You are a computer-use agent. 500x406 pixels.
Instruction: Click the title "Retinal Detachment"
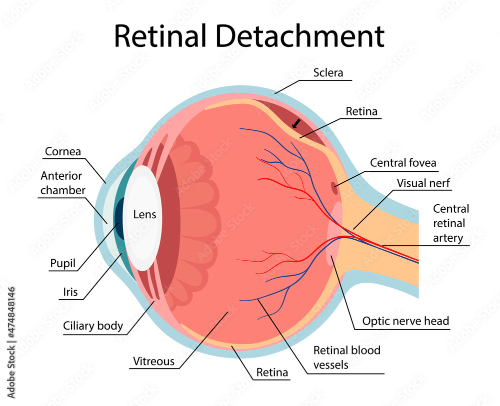(x=249, y=36)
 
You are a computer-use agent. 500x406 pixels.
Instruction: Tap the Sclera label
(x=328, y=72)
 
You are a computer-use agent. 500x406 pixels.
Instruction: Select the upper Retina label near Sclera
(x=361, y=111)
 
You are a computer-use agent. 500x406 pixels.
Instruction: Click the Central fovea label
(x=403, y=163)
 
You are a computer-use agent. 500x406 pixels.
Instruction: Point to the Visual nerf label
(x=423, y=183)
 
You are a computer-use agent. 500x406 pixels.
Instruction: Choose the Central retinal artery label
(x=451, y=223)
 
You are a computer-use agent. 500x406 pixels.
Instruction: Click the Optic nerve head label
(x=405, y=321)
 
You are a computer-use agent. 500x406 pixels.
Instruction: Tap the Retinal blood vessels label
(x=346, y=358)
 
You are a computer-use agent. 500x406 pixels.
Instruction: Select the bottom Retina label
(x=272, y=372)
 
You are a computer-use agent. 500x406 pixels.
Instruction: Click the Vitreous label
(x=154, y=361)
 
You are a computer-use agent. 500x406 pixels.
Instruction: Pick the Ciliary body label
(x=93, y=326)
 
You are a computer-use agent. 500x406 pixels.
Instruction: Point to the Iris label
(x=70, y=292)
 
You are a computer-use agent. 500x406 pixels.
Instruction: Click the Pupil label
(x=62, y=263)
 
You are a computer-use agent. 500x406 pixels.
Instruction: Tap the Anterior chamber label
(x=61, y=183)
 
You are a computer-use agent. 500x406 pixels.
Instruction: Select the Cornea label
(x=63, y=151)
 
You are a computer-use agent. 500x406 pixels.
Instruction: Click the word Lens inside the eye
(x=144, y=215)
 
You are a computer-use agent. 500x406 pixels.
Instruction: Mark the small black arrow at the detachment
(x=296, y=123)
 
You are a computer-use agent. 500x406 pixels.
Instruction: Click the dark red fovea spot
(x=334, y=188)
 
